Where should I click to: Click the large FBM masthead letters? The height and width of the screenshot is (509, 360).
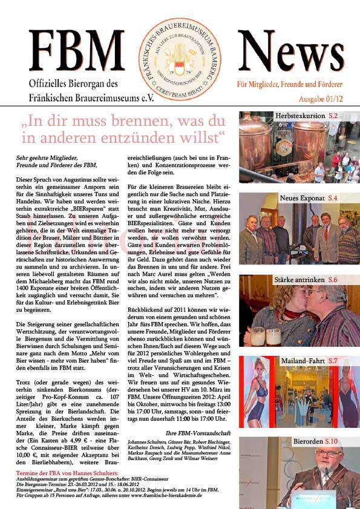click(x=77, y=53)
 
